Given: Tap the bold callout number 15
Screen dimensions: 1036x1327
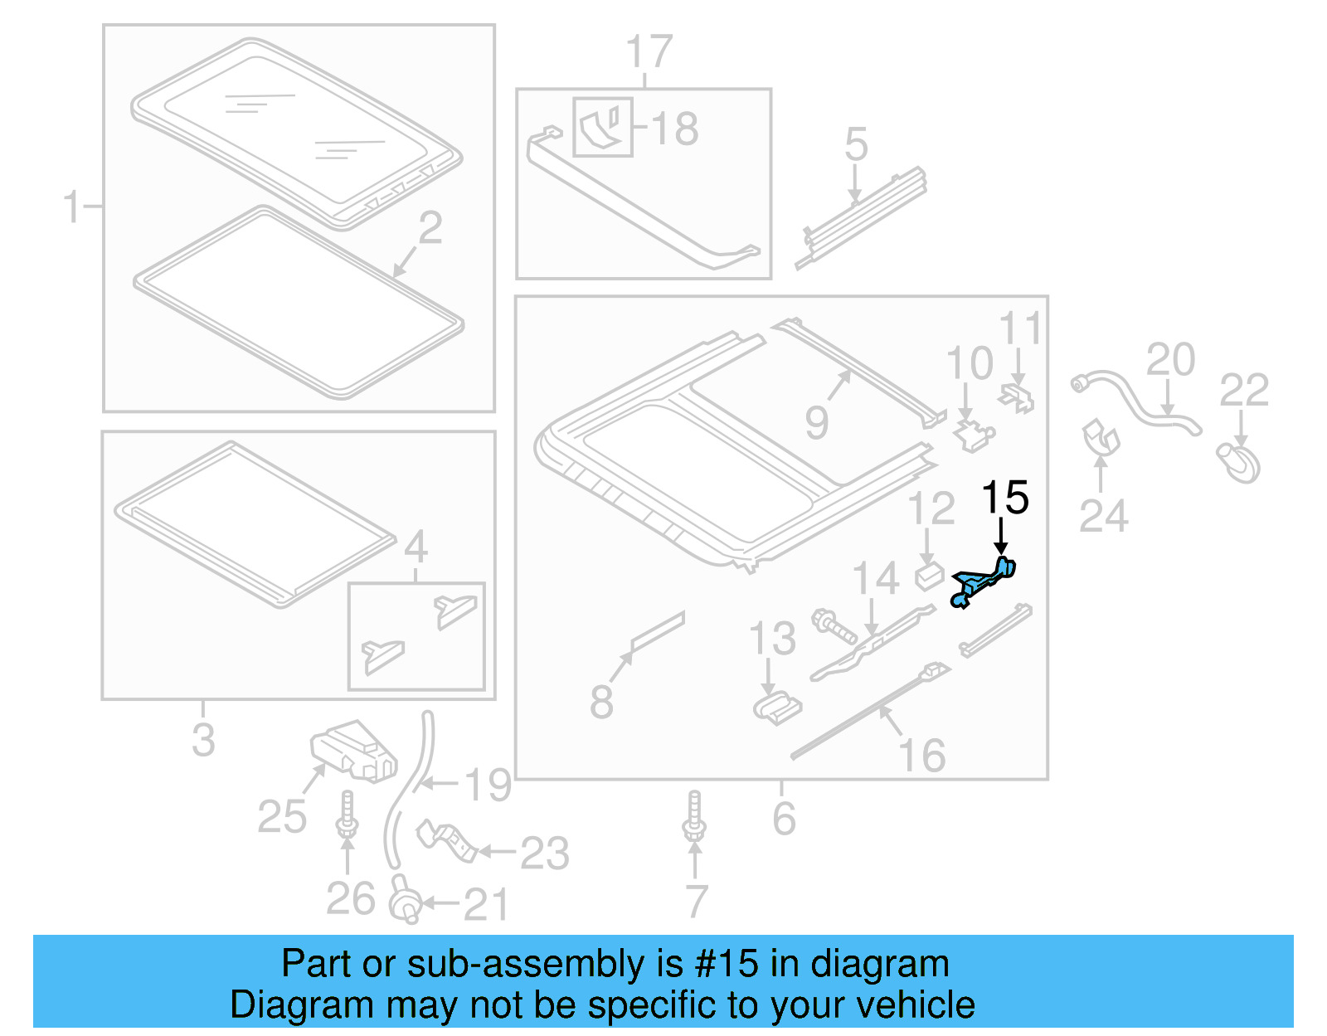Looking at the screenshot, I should click(1004, 499).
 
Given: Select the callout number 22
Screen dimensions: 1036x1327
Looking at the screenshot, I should click(1243, 391).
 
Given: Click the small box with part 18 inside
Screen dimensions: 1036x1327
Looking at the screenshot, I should click(603, 127).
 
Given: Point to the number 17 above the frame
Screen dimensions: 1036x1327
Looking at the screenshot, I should click(649, 53).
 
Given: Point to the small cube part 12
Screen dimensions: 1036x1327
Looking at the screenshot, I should click(928, 575).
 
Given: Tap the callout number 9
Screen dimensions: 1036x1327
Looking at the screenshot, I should click(816, 423).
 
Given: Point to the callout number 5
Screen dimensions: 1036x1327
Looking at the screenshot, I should click(856, 145).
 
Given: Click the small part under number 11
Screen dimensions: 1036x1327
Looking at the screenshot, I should click(1018, 397).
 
